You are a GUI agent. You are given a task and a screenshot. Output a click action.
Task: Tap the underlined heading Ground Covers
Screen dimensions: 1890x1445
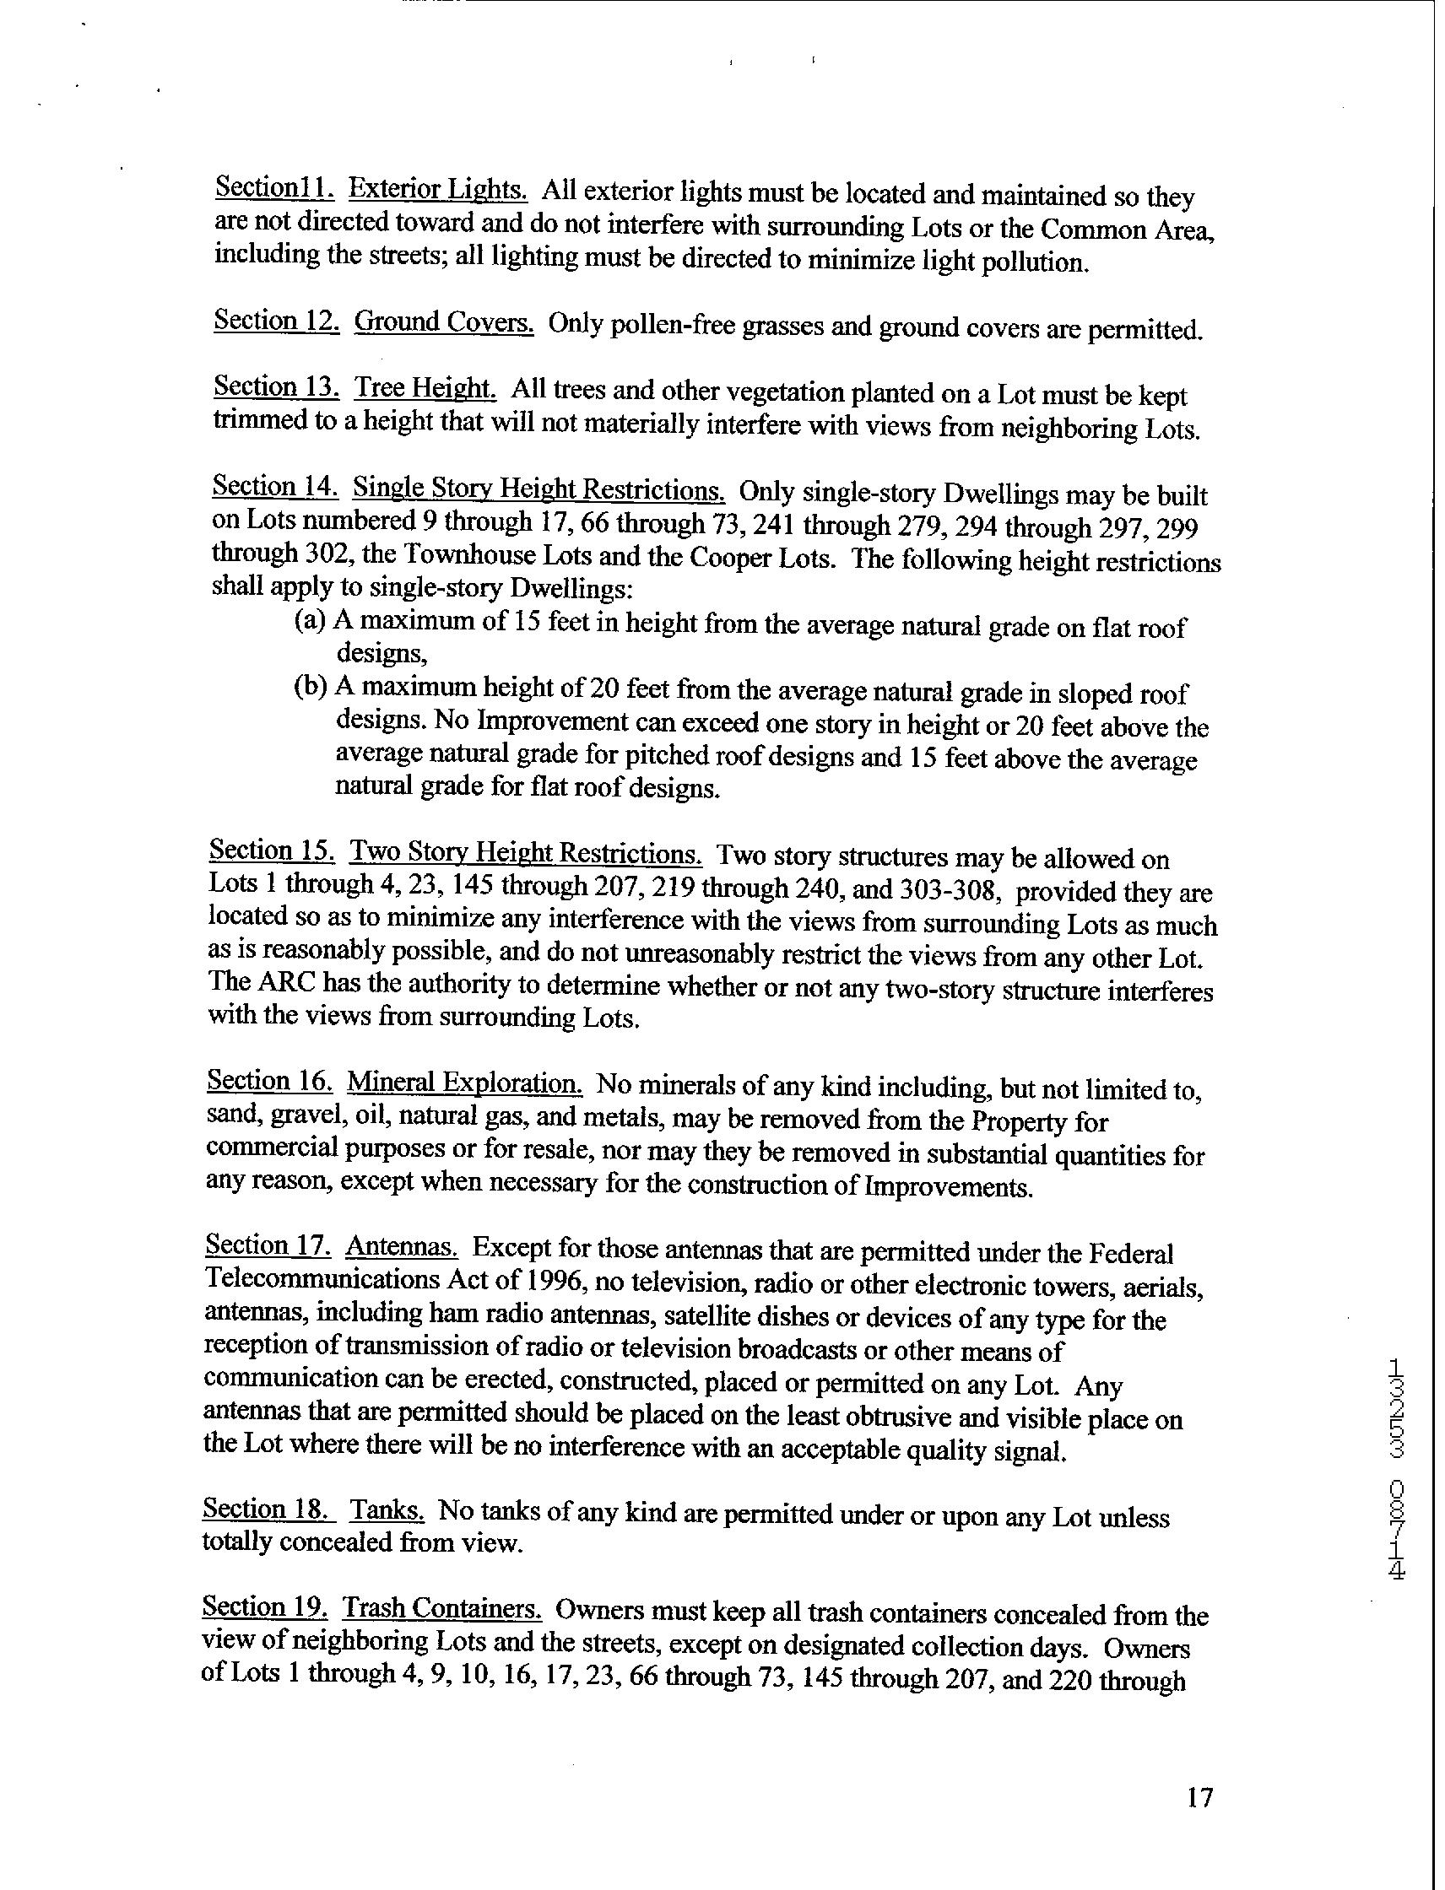coord(444,322)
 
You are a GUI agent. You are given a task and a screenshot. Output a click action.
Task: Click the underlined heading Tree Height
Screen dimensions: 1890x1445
coord(425,389)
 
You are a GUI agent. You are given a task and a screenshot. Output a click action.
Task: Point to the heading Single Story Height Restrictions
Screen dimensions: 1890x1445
coord(539,489)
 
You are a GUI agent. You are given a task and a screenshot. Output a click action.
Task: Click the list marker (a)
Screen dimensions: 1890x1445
coord(310,621)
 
